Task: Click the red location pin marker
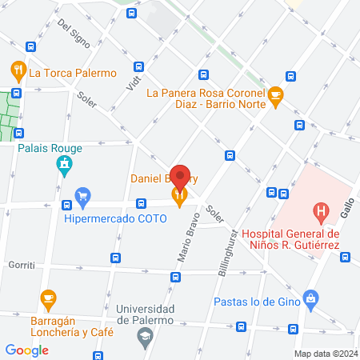click(x=181, y=178)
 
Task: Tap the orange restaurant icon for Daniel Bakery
click(x=182, y=193)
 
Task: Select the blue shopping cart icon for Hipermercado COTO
click(x=82, y=194)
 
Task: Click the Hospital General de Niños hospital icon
click(x=321, y=214)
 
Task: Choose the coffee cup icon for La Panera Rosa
click(x=276, y=94)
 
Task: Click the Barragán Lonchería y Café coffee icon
click(x=48, y=299)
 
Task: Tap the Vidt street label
click(x=134, y=78)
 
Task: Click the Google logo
click(x=26, y=350)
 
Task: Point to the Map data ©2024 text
click(x=325, y=354)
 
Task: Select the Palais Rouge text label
click(x=46, y=147)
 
